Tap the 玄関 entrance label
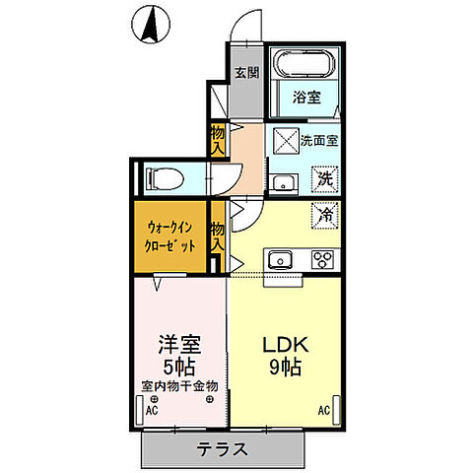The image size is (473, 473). [246, 71]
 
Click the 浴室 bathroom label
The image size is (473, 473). [305, 97]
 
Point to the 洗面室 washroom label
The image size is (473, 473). [319, 140]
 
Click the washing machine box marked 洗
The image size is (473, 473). [323, 179]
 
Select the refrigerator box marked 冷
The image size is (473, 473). [323, 212]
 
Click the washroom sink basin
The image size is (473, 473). [283, 183]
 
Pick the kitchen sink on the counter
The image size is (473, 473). [279, 260]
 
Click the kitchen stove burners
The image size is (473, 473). [322, 260]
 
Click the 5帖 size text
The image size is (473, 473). [179, 367]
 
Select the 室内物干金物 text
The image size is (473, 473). [179, 385]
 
